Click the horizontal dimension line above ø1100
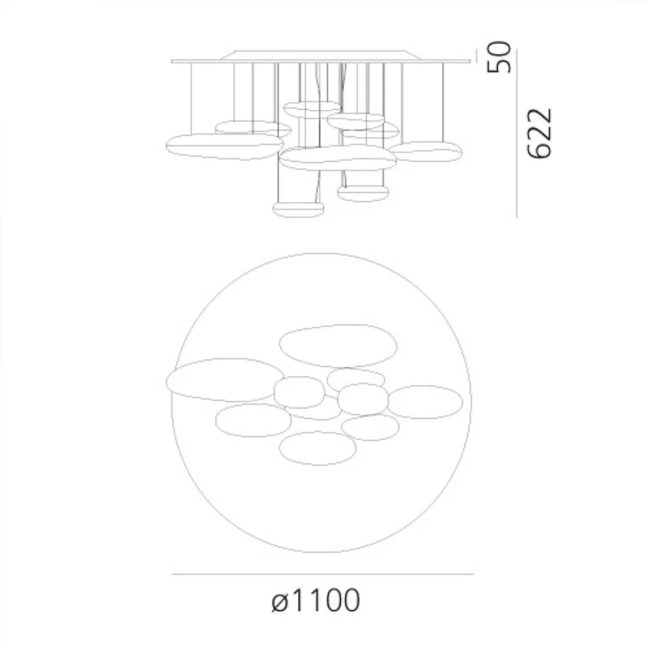[322, 574]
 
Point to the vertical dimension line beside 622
[517, 135]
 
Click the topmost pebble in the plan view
[338, 345]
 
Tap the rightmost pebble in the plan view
[425, 402]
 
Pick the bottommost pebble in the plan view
[318, 448]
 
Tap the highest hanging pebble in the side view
[312, 108]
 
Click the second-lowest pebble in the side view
[363, 193]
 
